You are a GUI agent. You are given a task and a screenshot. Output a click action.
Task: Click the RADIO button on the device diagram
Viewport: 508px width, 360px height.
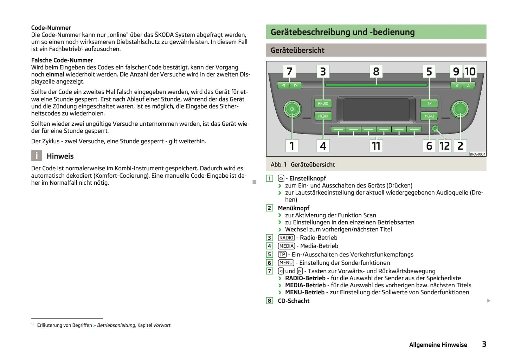pos(323,104)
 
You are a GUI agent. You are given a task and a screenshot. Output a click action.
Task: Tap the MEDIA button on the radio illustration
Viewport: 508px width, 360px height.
pos(323,116)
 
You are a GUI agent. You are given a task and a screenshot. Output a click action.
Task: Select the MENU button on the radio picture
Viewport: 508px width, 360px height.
pos(429,116)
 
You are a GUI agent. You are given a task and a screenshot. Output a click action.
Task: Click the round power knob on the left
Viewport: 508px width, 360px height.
pos(292,109)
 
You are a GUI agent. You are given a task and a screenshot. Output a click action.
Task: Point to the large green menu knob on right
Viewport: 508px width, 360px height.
pos(460,109)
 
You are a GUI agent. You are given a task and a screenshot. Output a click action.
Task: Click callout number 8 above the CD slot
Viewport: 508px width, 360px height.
pos(376,72)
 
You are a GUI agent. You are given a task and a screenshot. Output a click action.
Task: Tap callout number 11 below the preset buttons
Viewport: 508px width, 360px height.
pos(376,146)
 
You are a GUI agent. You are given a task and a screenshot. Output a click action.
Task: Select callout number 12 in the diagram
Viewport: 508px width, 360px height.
pos(444,146)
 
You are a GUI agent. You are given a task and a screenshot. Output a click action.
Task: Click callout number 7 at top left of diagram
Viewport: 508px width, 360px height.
pos(289,72)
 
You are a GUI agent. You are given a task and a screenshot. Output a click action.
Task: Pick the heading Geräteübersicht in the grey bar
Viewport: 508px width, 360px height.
pos(297,50)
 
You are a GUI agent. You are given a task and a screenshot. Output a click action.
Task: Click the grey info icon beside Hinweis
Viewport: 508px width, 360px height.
pos(37,156)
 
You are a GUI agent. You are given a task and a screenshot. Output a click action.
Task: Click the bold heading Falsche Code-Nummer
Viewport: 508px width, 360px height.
pos(62,60)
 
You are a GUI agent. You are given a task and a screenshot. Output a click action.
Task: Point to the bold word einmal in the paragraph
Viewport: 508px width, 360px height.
pos(55,74)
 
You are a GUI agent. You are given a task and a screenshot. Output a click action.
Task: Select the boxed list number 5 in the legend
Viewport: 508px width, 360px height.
pos(270,255)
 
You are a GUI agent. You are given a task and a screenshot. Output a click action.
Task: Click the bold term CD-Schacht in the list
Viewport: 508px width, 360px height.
pos(294,301)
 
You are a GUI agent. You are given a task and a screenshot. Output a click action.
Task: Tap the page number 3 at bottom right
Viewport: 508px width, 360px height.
pos(484,344)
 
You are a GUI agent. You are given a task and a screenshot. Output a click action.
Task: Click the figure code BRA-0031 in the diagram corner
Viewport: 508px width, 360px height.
pos(477,154)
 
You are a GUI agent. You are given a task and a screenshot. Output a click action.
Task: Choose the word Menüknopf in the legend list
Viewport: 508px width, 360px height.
pos(294,208)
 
